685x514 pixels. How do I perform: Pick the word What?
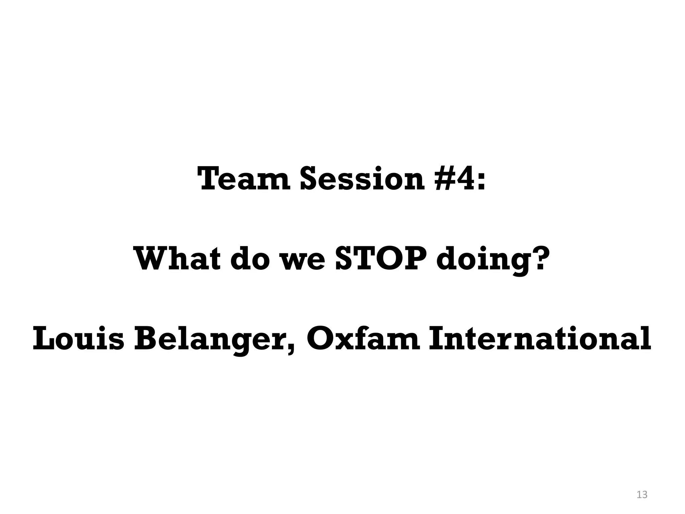click(x=177, y=259)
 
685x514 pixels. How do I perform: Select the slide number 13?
click(x=642, y=495)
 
